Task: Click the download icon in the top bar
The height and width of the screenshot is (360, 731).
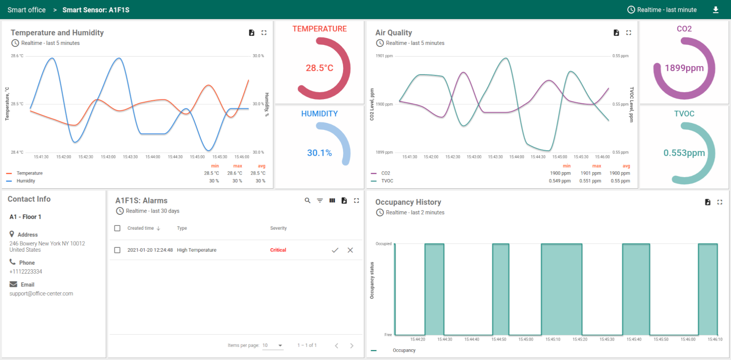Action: [x=715, y=10]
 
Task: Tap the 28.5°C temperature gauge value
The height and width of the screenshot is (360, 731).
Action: [x=320, y=68]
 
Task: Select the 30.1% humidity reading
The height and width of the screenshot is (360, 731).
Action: [x=319, y=153]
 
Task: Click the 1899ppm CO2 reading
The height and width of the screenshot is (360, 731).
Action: [x=684, y=68]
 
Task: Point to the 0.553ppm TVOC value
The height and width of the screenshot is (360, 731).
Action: [x=684, y=153]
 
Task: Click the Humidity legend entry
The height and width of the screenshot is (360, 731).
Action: [x=26, y=181]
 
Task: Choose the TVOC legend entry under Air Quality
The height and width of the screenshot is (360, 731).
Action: [x=387, y=181]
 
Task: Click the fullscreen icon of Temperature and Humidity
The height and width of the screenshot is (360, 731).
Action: [x=264, y=33]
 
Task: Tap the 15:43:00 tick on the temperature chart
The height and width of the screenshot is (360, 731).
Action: [x=108, y=157]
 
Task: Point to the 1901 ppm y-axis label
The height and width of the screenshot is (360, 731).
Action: [x=384, y=56]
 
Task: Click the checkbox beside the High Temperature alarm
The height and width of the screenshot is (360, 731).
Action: [x=117, y=250]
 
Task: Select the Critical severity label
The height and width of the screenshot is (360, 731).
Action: [x=278, y=250]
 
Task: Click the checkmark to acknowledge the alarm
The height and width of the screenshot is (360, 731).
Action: [x=335, y=250]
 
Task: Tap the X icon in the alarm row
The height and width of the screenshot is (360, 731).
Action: [x=350, y=250]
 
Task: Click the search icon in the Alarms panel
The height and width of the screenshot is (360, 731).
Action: [x=308, y=200]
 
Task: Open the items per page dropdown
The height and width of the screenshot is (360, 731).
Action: [x=273, y=345]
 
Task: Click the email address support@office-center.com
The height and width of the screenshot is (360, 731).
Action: [x=41, y=294]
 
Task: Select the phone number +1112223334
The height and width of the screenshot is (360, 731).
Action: [x=26, y=272]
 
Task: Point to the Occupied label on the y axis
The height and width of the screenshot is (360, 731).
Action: [x=384, y=243]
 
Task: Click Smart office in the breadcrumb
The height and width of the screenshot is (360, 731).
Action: [x=26, y=10]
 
